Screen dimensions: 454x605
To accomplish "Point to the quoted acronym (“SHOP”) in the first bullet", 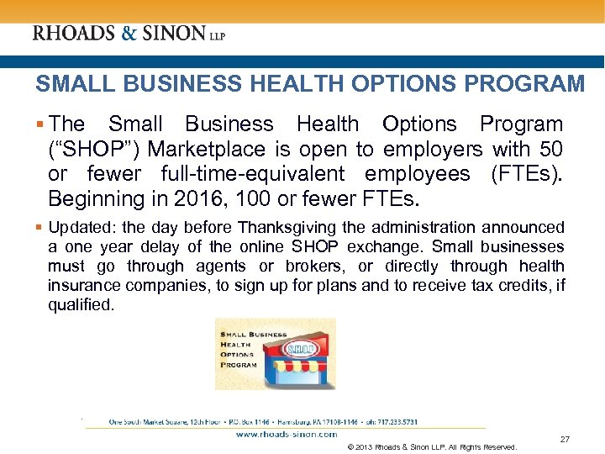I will click(x=86, y=149).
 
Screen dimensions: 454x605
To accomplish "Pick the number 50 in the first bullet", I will click(x=550, y=149).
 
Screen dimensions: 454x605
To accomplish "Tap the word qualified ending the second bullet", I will click(x=79, y=304).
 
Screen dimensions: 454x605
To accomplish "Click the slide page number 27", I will click(x=565, y=440).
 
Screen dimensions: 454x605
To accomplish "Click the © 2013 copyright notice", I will click(x=431, y=446).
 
